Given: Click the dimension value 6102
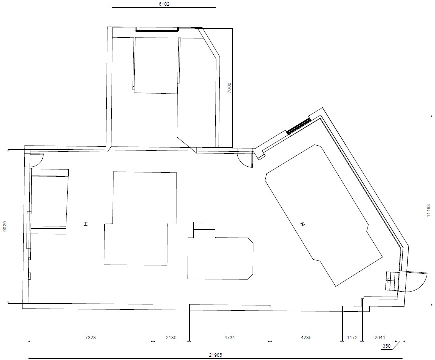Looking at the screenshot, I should click(164, 3).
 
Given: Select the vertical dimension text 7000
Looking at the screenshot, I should click(229, 89).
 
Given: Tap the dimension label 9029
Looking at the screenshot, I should click(4, 227).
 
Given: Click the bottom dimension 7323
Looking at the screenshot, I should click(90, 338).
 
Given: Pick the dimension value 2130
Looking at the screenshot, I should click(171, 338).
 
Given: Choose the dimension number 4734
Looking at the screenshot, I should click(229, 338).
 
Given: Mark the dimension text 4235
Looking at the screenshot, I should click(306, 338).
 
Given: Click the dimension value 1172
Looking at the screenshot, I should click(352, 338).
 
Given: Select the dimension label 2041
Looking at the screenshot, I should click(380, 338).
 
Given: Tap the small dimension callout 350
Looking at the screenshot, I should click(386, 346).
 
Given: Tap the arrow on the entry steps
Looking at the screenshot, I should click(388, 281).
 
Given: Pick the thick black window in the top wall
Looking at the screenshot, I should click(157, 30).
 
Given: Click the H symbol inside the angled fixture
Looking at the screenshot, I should click(302, 224).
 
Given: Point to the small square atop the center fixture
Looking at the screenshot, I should click(197, 225).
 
